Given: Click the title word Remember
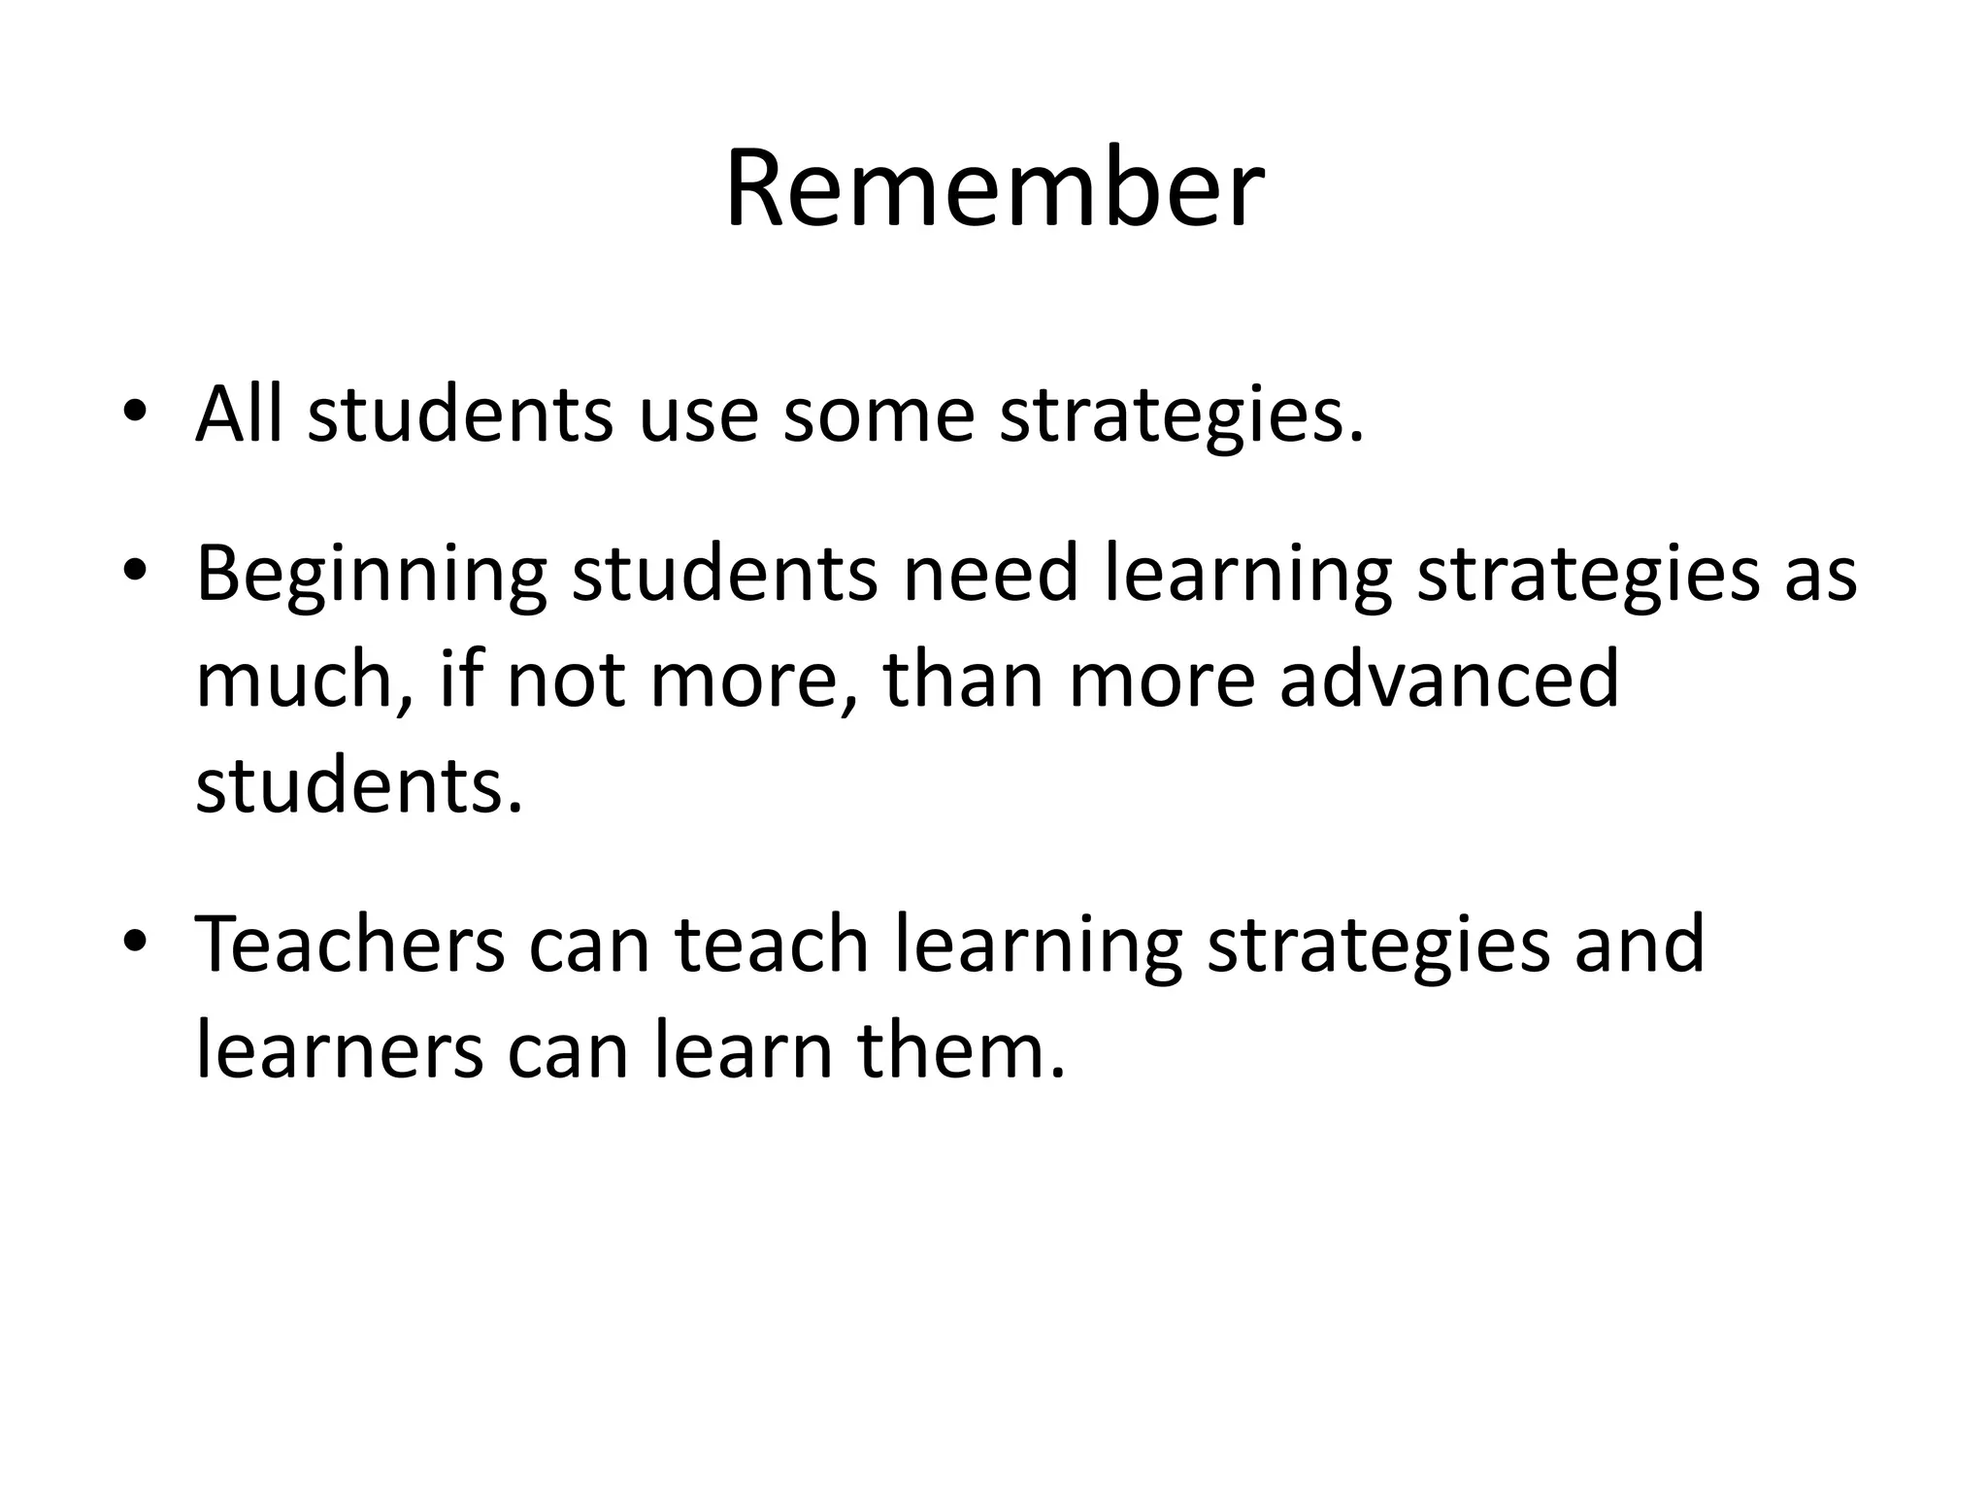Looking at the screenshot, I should click(994, 188).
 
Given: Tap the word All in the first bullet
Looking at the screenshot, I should click(240, 414).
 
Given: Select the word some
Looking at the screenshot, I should click(878, 414).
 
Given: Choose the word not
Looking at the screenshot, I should click(566, 679).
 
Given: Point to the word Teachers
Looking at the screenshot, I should click(350, 944).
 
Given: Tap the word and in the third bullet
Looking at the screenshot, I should click(1640, 944).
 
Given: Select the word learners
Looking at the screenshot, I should click(339, 1050).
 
